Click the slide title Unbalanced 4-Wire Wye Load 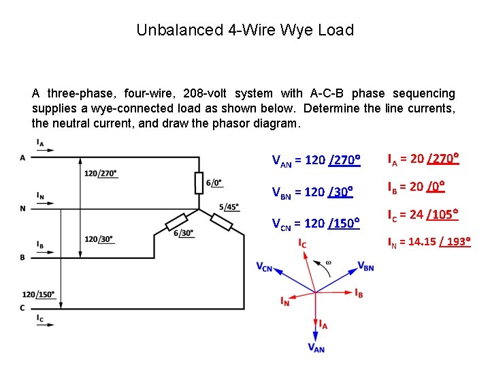245,30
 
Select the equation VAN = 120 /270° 315,161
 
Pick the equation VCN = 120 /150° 315,222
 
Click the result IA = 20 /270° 423,159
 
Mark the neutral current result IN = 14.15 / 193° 429,242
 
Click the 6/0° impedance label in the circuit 214,183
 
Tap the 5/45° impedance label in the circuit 229,206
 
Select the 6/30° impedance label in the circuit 184,232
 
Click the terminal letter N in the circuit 22,209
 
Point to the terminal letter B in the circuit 22,257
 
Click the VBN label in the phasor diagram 365,266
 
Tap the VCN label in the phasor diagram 265,267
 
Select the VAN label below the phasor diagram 316,348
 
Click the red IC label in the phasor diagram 301,244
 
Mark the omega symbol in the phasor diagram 329,262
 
